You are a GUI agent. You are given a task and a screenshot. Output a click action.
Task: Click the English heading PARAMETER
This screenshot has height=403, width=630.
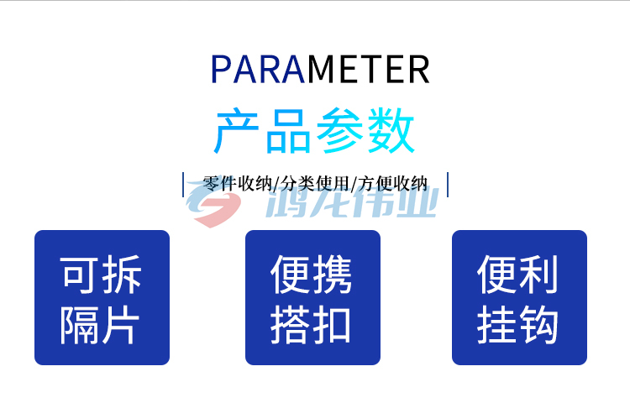tap(320, 70)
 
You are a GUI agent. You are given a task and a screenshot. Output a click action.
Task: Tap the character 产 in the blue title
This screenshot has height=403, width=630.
tap(236, 130)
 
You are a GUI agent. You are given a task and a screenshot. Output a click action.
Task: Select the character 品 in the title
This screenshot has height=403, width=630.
tap(288, 131)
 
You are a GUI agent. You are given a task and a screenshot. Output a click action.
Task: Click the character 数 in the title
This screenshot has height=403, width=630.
tap(391, 130)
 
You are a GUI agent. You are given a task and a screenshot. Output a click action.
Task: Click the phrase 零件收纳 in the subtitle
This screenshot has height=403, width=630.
tap(237, 184)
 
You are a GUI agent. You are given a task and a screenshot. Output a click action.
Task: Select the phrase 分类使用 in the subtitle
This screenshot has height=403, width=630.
tap(315, 184)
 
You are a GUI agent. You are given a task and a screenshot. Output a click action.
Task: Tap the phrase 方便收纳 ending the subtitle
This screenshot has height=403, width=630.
tap(392, 184)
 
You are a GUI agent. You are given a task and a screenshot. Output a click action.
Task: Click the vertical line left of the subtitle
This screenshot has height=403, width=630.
tap(183, 185)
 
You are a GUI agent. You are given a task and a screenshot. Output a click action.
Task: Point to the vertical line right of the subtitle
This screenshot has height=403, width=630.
tap(448, 185)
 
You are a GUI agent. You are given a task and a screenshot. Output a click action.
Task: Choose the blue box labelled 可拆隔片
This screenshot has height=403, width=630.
tap(102, 297)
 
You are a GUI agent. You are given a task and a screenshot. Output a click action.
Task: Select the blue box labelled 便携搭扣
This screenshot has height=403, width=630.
tap(312, 297)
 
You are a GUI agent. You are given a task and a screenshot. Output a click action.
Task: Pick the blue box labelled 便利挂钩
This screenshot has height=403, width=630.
tap(519, 297)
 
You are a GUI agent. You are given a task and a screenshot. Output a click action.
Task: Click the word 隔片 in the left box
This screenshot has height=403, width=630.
tap(100, 325)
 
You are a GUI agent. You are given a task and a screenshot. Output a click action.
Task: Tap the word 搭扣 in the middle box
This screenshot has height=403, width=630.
tap(311, 325)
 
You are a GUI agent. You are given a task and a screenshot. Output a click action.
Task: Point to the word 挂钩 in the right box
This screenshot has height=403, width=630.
tap(517, 325)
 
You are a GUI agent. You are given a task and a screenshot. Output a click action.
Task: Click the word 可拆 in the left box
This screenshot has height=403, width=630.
tap(101, 275)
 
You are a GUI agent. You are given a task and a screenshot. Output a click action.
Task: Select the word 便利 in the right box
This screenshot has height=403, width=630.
tap(517, 275)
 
